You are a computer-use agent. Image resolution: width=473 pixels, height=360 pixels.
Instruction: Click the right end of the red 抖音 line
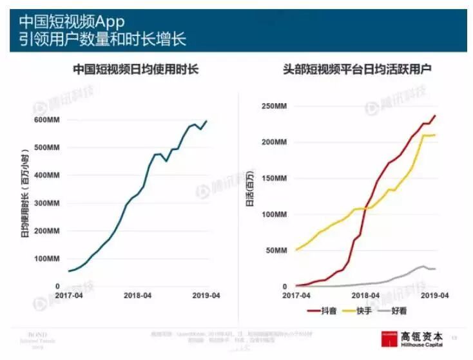click(x=436, y=116)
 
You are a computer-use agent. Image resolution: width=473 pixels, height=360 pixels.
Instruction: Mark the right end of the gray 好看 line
click(x=436, y=269)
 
